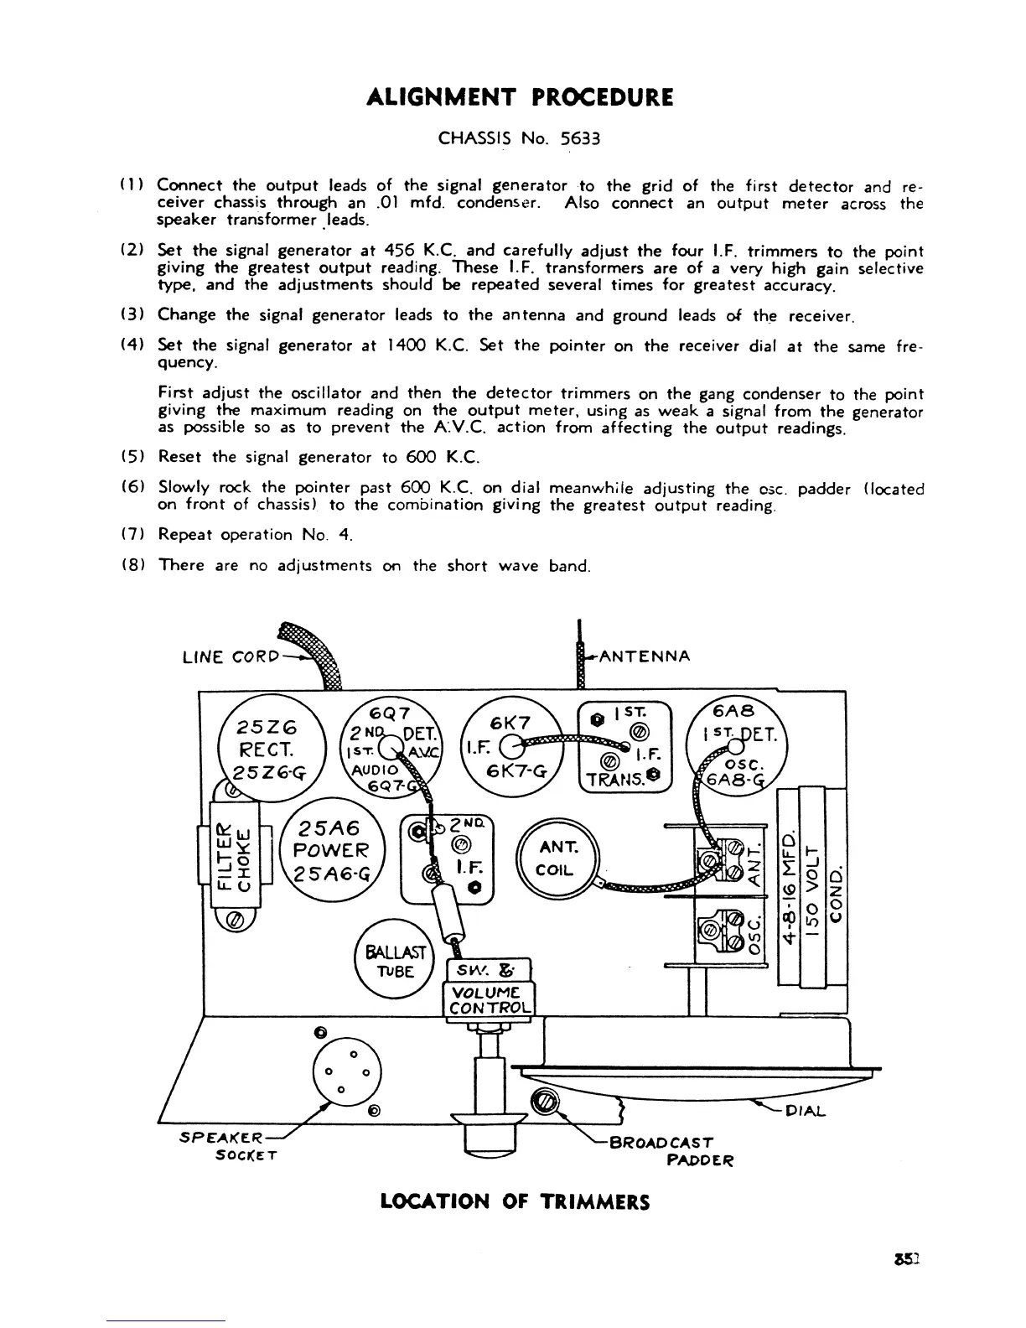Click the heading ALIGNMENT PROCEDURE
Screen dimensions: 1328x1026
coord(520,98)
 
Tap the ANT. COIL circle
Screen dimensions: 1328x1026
coord(555,860)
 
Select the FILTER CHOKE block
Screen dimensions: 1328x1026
coord(236,855)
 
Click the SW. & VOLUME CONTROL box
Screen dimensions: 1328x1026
coord(490,988)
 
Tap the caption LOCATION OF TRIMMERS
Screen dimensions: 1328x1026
coord(515,1201)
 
